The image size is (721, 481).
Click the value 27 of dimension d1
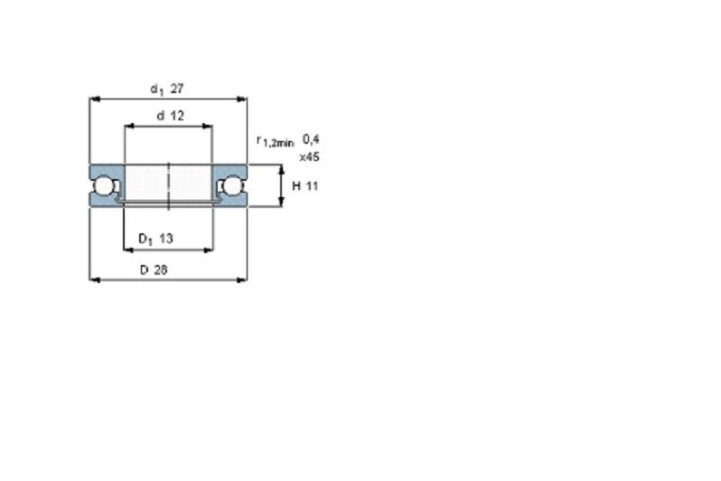point(177,89)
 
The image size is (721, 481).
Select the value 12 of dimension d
point(177,116)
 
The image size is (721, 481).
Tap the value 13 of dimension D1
point(165,239)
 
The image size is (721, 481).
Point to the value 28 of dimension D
point(161,269)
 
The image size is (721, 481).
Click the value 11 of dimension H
point(312,186)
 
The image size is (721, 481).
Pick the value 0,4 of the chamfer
point(311,139)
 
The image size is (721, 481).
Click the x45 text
point(310,157)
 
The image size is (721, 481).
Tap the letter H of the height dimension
point(296,186)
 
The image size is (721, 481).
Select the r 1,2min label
point(275,141)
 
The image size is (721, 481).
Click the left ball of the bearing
point(101,186)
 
